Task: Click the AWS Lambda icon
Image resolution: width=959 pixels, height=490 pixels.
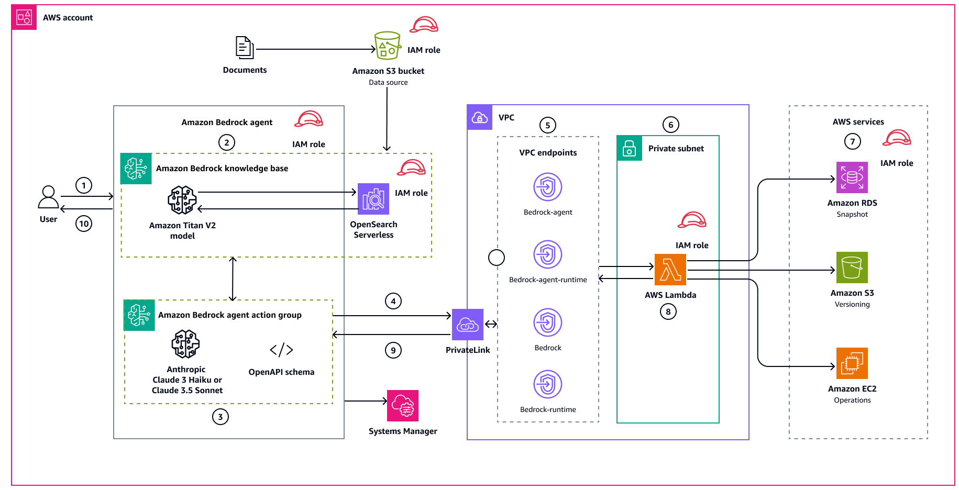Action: point(670,270)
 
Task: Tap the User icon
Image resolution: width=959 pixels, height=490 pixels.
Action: point(48,197)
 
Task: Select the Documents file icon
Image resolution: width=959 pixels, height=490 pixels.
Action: point(244,48)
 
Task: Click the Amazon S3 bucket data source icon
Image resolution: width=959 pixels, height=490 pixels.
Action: point(388,46)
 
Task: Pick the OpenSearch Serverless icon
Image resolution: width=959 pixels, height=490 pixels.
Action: point(373,199)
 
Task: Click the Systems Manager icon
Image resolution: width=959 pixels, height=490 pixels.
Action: point(402,406)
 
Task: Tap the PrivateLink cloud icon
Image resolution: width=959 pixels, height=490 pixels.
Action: point(467,325)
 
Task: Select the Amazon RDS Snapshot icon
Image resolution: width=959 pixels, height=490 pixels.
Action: point(852,177)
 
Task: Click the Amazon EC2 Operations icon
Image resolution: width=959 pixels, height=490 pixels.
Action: point(852,363)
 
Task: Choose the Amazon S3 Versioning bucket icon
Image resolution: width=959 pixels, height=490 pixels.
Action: point(852,268)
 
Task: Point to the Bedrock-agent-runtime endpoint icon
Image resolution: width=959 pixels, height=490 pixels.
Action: point(547,255)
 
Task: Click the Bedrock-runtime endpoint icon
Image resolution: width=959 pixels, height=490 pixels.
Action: point(547,385)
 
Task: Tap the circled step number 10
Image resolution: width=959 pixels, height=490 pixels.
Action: point(84,224)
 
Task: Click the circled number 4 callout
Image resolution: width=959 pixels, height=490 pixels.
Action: point(393,301)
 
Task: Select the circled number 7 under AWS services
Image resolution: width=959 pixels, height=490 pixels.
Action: point(852,141)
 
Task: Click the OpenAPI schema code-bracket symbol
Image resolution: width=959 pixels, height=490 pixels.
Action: point(281,350)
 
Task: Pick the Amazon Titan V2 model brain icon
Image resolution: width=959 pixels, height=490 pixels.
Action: point(182,200)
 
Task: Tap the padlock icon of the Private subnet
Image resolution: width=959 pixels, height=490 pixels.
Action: point(629,149)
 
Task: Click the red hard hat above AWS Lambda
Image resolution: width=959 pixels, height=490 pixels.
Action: point(692,220)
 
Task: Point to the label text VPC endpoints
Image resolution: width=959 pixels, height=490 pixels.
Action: point(548,153)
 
